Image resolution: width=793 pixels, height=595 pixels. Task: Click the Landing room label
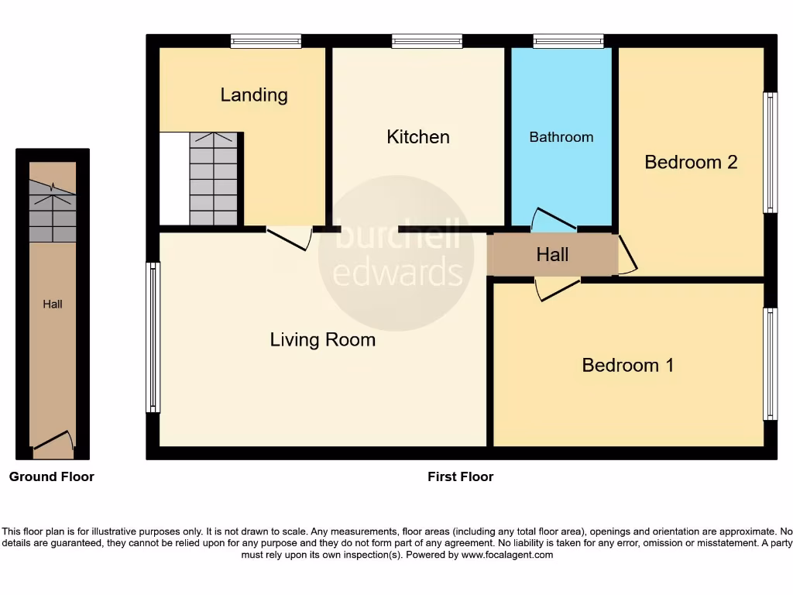coord(254,95)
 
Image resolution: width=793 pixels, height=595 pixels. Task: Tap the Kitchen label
coord(418,137)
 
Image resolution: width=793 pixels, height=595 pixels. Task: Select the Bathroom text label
coord(561,137)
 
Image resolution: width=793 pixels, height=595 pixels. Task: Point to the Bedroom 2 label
coord(691,162)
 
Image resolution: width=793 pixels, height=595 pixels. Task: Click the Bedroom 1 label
coord(628,365)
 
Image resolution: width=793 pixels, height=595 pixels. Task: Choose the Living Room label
coord(323,339)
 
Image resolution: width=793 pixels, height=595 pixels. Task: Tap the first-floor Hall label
coord(552,255)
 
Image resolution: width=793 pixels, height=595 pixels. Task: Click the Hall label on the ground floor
coord(53,304)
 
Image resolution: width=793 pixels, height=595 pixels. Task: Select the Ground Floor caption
coord(52,476)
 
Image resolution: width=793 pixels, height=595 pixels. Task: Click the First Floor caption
coord(460,476)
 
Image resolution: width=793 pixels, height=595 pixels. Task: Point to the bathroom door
coord(554,220)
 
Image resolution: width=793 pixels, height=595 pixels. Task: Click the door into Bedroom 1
coord(558,290)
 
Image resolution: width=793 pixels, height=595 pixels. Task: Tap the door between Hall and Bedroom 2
coord(627,256)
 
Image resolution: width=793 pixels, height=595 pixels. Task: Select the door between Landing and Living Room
coord(289,239)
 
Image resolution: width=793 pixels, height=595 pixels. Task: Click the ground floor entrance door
coord(53,441)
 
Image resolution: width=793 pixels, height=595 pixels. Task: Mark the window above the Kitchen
coord(427,41)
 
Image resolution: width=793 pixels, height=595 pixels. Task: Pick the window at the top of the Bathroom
coord(568,41)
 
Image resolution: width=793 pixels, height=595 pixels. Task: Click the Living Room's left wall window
coord(153,337)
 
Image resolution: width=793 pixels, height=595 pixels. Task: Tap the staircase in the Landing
coord(213,179)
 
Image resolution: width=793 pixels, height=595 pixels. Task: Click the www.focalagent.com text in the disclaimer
coord(507,555)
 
